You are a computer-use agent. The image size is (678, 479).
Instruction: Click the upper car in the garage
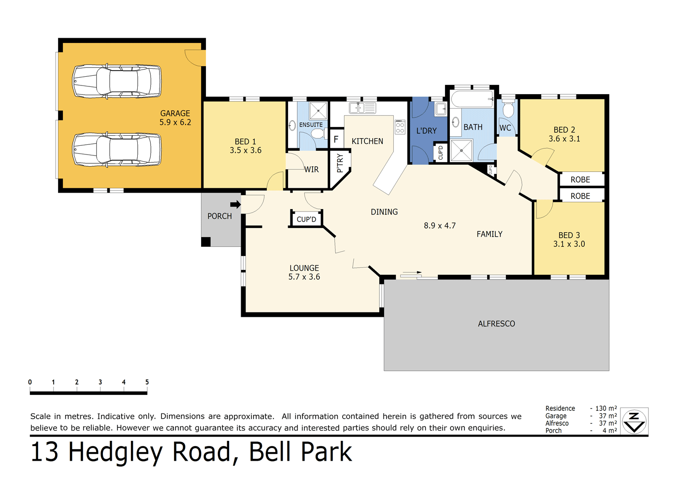coord(117,81)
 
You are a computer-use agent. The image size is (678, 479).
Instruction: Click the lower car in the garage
coord(117,150)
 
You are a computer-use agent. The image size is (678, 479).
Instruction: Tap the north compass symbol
coord(634,421)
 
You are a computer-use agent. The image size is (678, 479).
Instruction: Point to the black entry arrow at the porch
coord(235,204)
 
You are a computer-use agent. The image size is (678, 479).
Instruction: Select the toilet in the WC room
coord(508,110)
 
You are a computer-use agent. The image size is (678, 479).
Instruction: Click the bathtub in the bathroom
coord(472,99)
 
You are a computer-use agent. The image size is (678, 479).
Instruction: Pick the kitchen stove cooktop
coord(400,127)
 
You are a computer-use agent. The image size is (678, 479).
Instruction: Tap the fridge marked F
coord(336,140)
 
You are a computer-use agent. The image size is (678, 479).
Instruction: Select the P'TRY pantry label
coord(340,163)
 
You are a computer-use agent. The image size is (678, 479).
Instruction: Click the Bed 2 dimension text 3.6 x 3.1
coord(564,139)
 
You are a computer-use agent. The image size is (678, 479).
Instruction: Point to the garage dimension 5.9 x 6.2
coord(175,123)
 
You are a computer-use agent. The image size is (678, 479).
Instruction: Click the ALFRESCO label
coord(496,324)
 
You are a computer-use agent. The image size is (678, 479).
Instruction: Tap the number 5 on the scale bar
coord(147,382)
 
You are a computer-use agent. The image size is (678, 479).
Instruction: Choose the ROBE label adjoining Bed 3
coord(580,196)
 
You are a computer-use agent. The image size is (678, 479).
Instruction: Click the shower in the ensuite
coord(318,111)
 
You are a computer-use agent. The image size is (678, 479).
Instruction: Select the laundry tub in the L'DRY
coord(441,109)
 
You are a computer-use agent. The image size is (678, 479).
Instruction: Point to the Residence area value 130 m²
coord(606,409)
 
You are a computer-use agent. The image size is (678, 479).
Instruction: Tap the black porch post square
coord(206,242)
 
